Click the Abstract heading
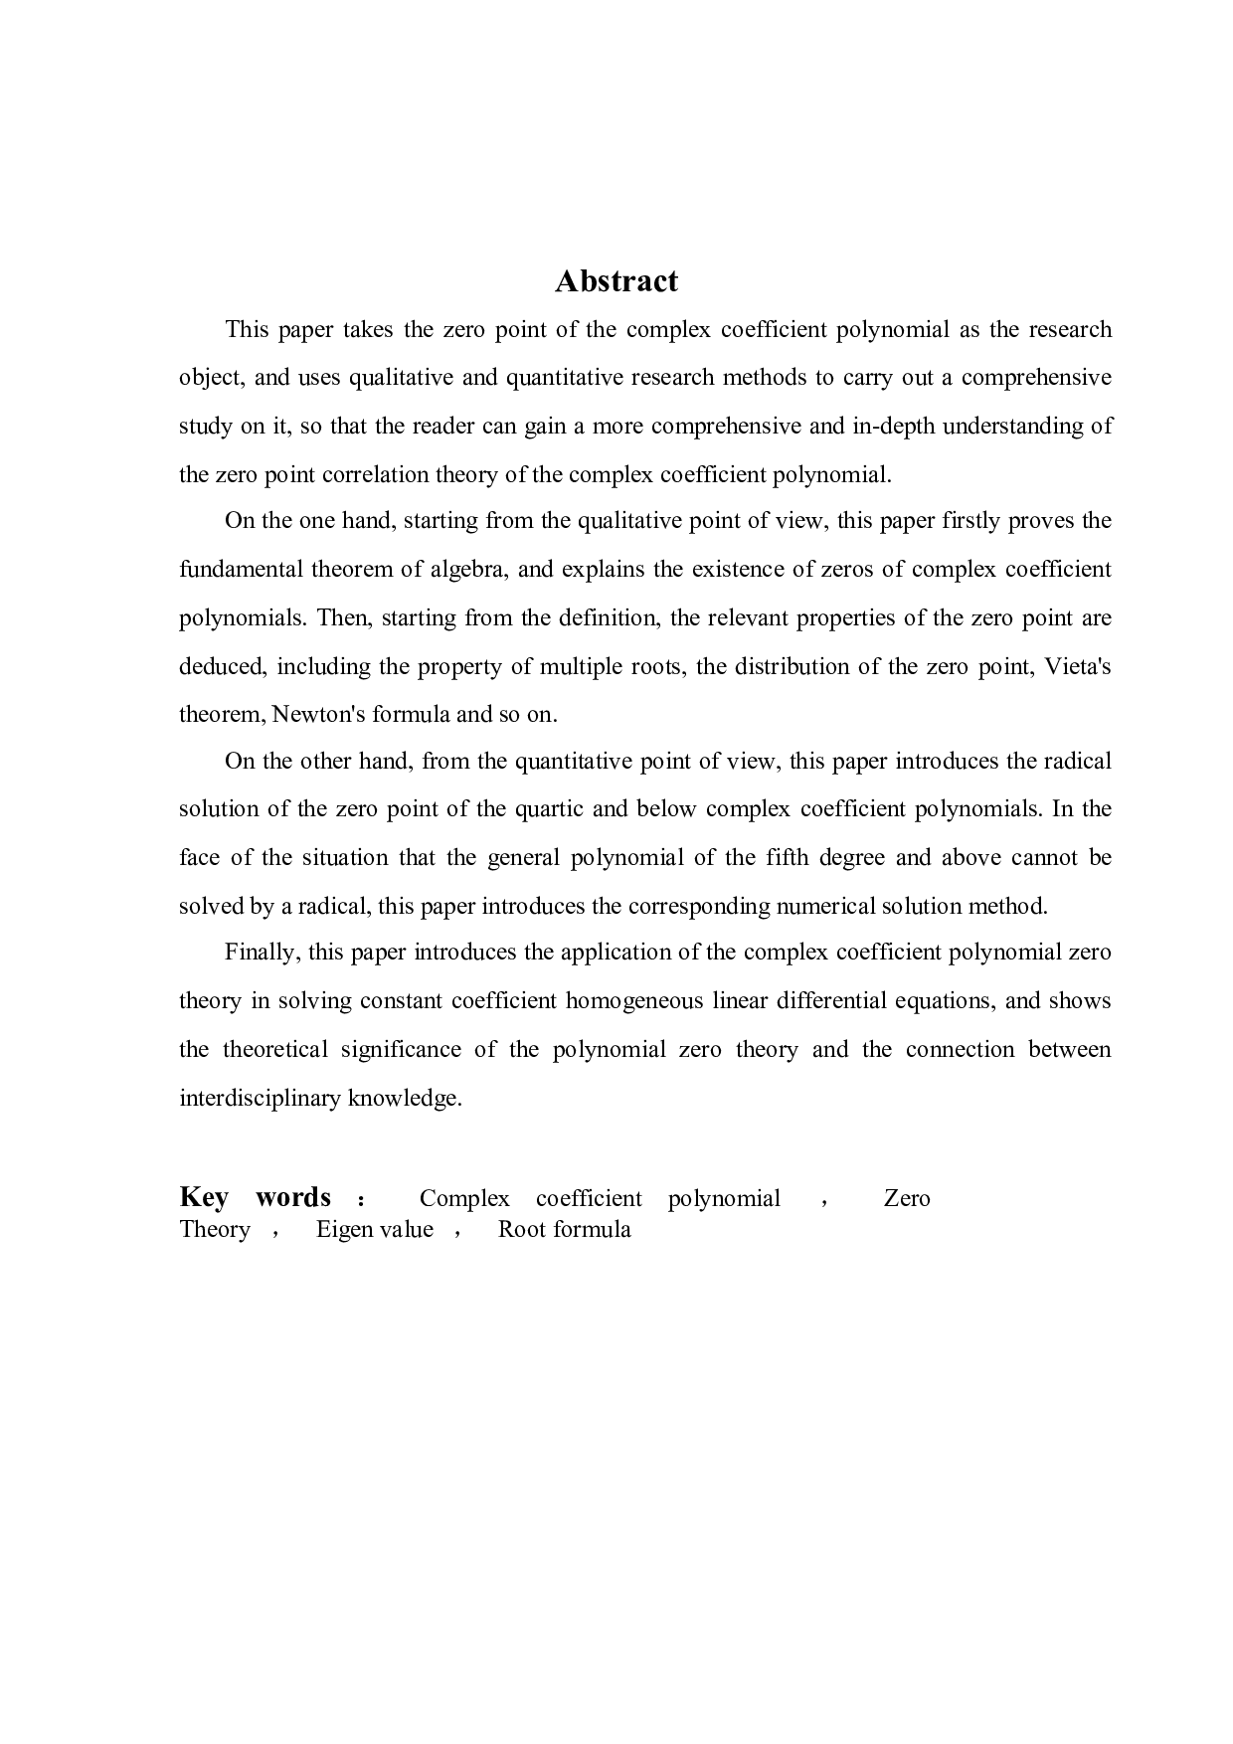click(616, 281)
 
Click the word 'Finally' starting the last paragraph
click(260, 953)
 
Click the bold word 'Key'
click(204, 1197)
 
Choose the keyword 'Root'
click(521, 1230)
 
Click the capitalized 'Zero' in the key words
click(906, 1198)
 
